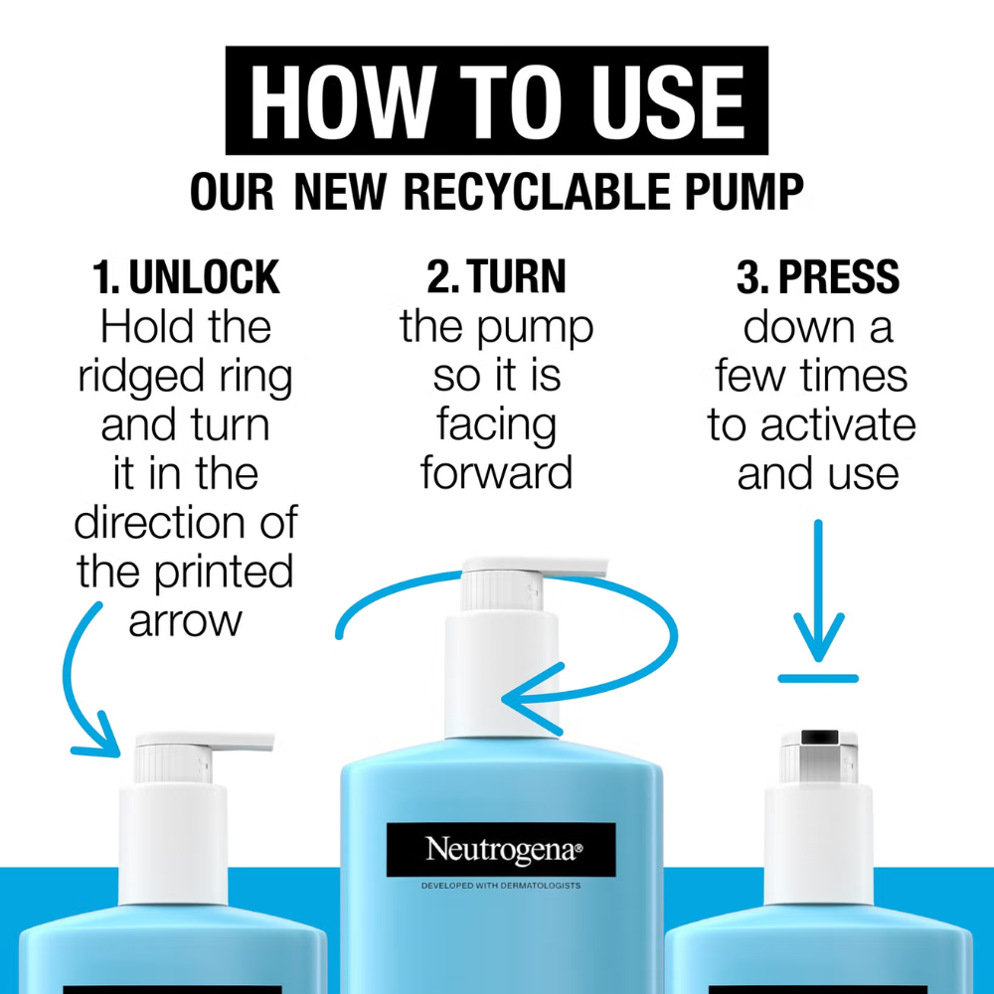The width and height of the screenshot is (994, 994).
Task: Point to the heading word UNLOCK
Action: pos(204,277)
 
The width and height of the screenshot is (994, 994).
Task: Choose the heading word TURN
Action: pos(517,277)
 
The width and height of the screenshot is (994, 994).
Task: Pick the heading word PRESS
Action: pos(839,277)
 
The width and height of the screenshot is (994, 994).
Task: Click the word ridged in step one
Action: pos(141,377)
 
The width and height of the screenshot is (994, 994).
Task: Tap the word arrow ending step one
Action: pos(185,622)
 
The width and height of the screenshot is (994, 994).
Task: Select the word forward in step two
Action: pos(496,472)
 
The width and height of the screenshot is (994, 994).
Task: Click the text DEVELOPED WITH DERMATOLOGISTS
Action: pos(501,886)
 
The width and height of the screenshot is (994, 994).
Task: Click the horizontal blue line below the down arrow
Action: pos(818,679)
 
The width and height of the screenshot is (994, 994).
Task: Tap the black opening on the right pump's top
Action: pos(820,737)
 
